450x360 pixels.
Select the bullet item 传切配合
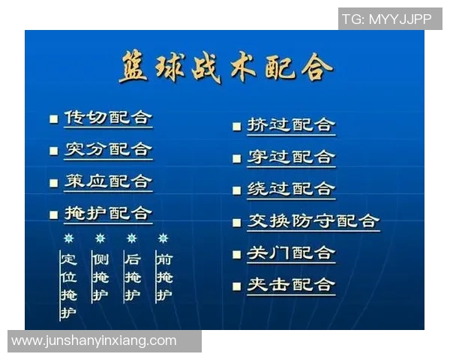click(x=108, y=118)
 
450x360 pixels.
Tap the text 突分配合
click(x=108, y=149)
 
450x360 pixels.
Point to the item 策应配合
click(x=108, y=181)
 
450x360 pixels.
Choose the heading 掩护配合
click(x=108, y=213)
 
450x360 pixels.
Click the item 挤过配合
click(x=291, y=124)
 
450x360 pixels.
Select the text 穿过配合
click(x=291, y=157)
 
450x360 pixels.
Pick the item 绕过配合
click(x=291, y=189)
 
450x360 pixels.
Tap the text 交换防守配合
click(x=313, y=221)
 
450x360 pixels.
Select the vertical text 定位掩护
click(x=68, y=285)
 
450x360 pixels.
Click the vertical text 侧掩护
click(x=100, y=277)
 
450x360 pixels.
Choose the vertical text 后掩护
click(x=132, y=277)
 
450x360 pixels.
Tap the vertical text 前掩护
click(x=163, y=277)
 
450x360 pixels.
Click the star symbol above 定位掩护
click(x=68, y=238)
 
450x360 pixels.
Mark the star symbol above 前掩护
click(x=163, y=238)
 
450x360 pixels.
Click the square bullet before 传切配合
click(x=53, y=119)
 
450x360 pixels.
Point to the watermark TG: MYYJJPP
click(x=387, y=19)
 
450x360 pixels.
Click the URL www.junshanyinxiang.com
click(x=94, y=340)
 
